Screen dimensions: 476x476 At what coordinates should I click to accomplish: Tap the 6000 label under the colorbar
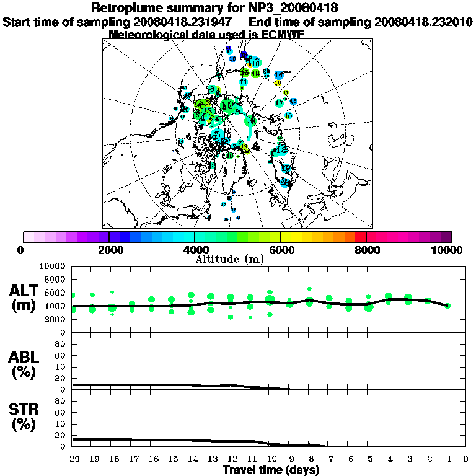[x=280, y=250]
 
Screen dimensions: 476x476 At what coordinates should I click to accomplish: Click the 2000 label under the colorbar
[x=109, y=250]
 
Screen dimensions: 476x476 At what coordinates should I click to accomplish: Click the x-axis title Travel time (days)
[x=271, y=470]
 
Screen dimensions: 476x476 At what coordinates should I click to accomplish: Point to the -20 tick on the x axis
[x=72, y=459]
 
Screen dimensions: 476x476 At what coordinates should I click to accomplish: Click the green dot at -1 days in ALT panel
[x=447, y=306]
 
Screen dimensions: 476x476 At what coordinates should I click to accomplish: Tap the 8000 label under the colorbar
[x=366, y=250]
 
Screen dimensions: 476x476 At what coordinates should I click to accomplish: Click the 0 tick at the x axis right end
[x=466, y=459]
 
